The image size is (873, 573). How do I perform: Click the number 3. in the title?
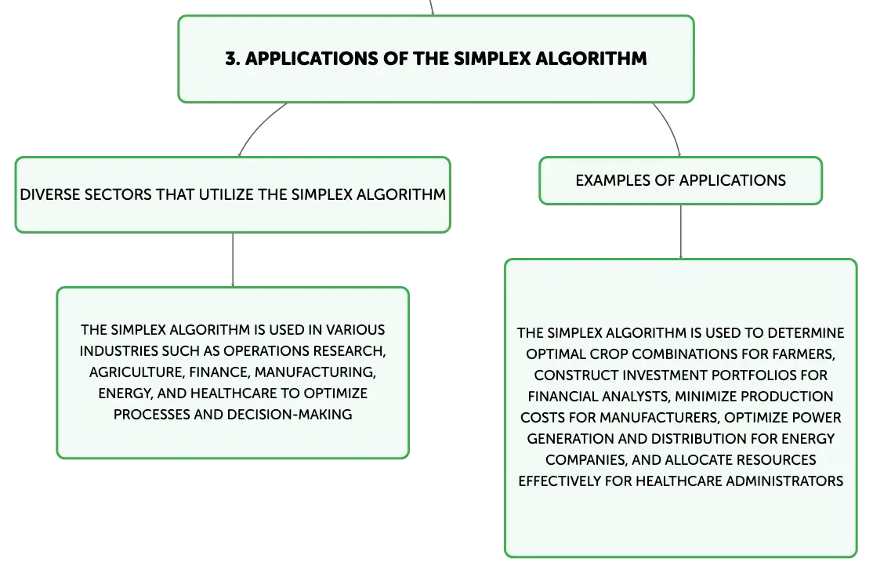(x=232, y=59)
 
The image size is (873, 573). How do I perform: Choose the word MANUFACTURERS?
(x=659, y=419)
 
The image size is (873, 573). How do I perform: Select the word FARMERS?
(x=803, y=355)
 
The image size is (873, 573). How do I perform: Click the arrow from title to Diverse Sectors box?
(x=258, y=126)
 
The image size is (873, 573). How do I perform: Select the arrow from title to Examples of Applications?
(x=670, y=127)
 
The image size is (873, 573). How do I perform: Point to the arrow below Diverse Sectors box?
(x=233, y=260)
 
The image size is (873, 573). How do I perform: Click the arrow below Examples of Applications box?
(x=680, y=232)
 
